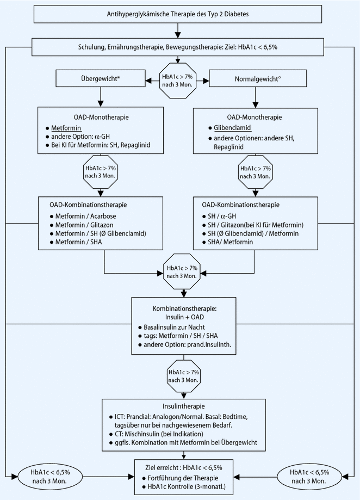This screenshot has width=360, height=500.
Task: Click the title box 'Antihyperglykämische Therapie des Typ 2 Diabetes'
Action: pos(178,14)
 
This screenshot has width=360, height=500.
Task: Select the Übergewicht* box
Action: pos(101,78)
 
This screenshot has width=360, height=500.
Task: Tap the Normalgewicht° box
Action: pos(258,78)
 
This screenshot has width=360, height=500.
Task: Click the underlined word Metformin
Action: pos(66,128)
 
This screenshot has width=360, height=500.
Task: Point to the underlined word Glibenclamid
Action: pos(233,128)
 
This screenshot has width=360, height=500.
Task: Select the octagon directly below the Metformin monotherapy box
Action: pos(101,172)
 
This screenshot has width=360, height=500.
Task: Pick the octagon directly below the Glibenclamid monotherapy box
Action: pos(255,172)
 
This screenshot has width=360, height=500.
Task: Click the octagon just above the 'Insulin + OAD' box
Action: pos(182,271)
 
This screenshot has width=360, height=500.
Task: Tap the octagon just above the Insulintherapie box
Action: pos(183,376)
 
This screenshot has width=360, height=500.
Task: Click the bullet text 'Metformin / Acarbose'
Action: pos(86,216)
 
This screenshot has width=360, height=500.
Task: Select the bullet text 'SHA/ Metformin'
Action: pos(231,242)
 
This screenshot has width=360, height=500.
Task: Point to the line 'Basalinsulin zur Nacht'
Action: pos(174,327)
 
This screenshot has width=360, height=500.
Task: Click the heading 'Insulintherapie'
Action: pos(183,406)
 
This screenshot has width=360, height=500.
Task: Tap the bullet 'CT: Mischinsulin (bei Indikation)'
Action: pos(159,434)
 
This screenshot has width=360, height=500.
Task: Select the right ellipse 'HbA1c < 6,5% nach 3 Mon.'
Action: pos(309,477)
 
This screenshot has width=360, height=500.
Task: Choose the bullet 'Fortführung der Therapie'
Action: pos(183,478)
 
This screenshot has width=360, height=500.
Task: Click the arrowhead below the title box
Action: pos(178,35)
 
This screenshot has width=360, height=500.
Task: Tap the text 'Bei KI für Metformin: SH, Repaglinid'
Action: pos(101,145)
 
